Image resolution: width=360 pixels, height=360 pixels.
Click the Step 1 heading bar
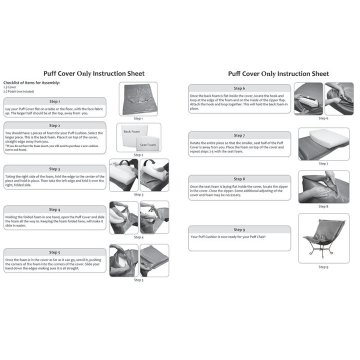click(x=55, y=101)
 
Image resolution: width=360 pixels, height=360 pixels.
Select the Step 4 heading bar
click(x=55, y=209)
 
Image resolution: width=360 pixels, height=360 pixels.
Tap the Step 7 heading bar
click(x=239, y=135)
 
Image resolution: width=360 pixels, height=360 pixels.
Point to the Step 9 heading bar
click(x=239, y=229)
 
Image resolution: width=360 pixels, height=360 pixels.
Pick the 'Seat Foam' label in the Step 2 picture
click(x=147, y=145)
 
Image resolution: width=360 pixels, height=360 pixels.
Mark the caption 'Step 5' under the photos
click(x=138, y=280)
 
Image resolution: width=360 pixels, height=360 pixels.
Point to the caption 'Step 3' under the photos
click(x=138, y=194)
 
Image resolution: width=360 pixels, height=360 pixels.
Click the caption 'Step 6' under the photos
click(x=323, y=118)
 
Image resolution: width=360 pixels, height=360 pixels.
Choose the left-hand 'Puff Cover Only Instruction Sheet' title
click(x=94, y=73)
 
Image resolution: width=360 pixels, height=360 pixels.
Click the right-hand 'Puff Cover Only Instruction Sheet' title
click(x=278, y=73)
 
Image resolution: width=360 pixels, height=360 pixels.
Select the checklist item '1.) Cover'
click(x=10, y=87)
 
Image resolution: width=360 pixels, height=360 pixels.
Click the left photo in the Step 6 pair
click(x=308, y=99)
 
